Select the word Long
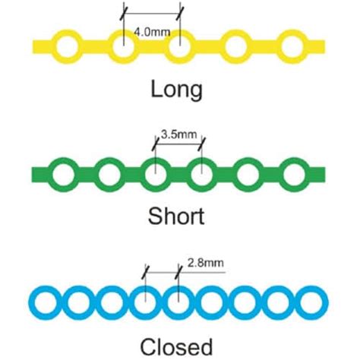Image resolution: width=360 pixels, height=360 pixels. click(176, 90)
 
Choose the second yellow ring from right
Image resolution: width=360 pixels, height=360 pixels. click(235, 47)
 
